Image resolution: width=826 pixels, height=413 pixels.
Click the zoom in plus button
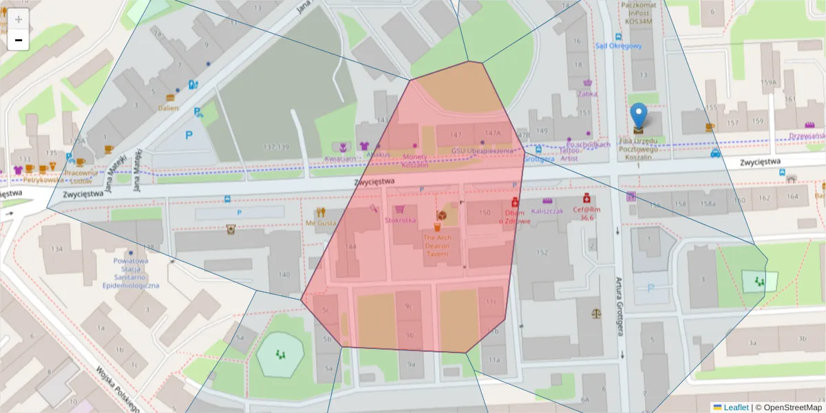point(19,19)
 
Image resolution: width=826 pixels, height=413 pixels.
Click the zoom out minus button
point(19,40)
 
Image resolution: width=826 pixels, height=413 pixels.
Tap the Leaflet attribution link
point(735,407)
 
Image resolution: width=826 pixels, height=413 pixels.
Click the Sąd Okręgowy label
point(618,46)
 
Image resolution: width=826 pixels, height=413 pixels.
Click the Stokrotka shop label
point(400,220)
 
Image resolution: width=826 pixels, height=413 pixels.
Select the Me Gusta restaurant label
point(321,223)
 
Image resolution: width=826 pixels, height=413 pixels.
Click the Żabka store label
point(588,94)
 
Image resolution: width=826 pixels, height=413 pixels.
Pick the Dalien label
point(168,107)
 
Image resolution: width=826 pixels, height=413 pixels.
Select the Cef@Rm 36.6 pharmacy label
point(586,213)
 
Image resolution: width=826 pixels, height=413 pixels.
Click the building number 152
point(542,253)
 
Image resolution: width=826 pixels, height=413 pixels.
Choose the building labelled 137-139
point(276,147)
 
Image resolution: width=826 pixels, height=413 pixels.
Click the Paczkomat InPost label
point(638,12)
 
